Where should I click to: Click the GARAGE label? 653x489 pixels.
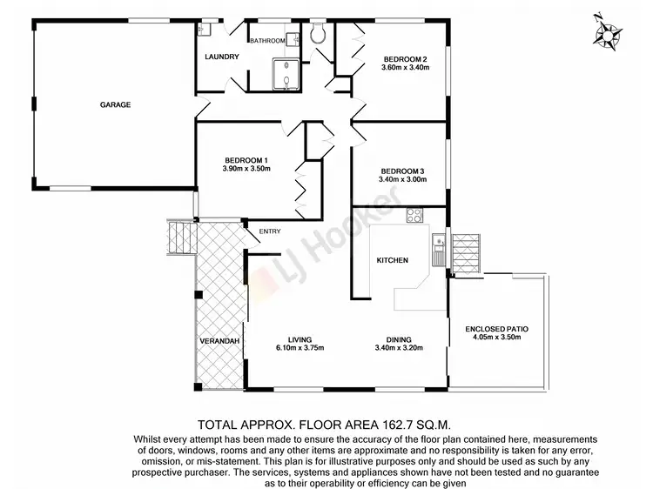pyautogui.click(x=115, y=104)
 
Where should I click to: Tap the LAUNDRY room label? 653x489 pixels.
pyautogui.click(x=221, y=57)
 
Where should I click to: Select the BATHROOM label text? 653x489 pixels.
pyautogui.click(x=267, y=41)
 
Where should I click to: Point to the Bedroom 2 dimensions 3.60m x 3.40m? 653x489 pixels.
pyautogui.click(x=407, y=68)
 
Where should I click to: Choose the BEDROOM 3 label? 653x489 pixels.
pyautogui.click(x=402, y=171)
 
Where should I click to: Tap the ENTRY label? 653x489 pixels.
pyautogui.click(x=270, y=231)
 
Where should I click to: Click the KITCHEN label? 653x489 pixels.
pyautogui.click(x=392, y=260)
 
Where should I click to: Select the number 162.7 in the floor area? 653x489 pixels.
pyautogui.click(x=378, y=425)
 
